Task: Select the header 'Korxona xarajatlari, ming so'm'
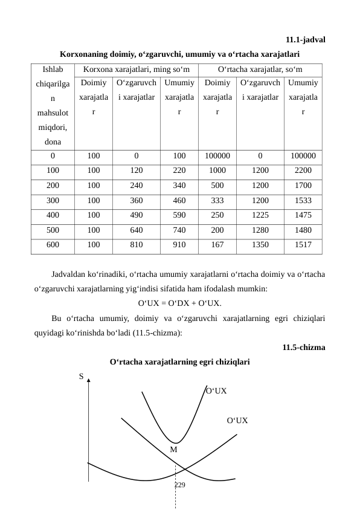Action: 137,70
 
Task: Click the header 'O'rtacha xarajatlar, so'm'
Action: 260,70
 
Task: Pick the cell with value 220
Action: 179,171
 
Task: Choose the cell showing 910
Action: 179,246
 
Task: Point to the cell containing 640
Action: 137,231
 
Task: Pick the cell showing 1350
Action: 260,246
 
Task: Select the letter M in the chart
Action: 173,450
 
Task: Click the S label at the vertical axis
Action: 81,377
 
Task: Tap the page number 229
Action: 179,485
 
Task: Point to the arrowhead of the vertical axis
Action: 89,381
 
